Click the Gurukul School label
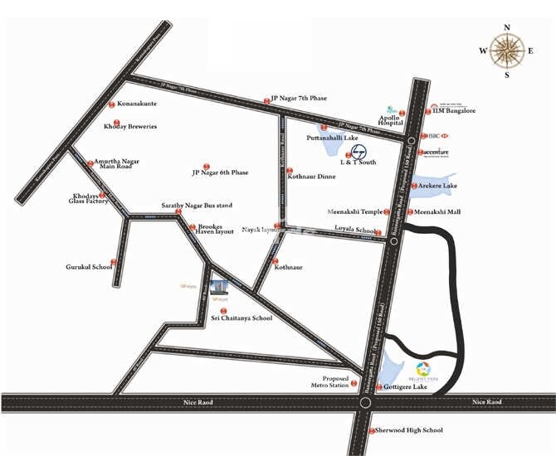pos(88,267)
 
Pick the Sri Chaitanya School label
pos(241,318)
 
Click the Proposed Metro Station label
pos(329,381)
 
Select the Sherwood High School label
pos(409,430)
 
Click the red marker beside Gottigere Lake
pos(378,387)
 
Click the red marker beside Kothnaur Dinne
pos(280,177)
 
